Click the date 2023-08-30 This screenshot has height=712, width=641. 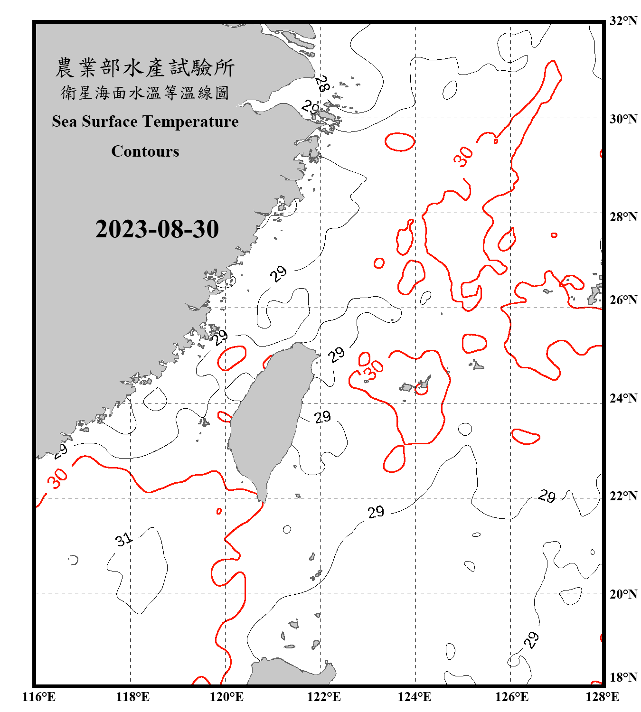click(157, 229)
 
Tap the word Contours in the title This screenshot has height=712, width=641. click(145, 151)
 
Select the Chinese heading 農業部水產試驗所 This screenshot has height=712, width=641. click(145, 67)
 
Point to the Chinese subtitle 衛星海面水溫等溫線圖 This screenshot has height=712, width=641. click(145, 93)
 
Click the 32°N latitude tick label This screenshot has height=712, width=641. click(623, 21)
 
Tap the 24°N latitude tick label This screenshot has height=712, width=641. click(623, 398)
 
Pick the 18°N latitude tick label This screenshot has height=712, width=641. click(623, 677)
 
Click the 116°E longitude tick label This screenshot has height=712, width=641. click(39, 697)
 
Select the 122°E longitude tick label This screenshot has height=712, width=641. click(324, 697)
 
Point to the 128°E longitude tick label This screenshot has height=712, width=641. click(602, 697)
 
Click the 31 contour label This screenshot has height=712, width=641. click(123, 539)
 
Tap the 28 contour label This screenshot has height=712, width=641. click(322, 84)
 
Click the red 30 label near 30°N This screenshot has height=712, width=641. click(463, 156)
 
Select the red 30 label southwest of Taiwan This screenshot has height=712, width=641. click(58, 478)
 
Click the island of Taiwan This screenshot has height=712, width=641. click(271, 418)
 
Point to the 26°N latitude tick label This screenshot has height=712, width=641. click(623, 300)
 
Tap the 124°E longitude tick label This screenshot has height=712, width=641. click(415, 697)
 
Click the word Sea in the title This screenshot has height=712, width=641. click(65, 122)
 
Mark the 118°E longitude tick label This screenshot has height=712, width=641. click(132, 697)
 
